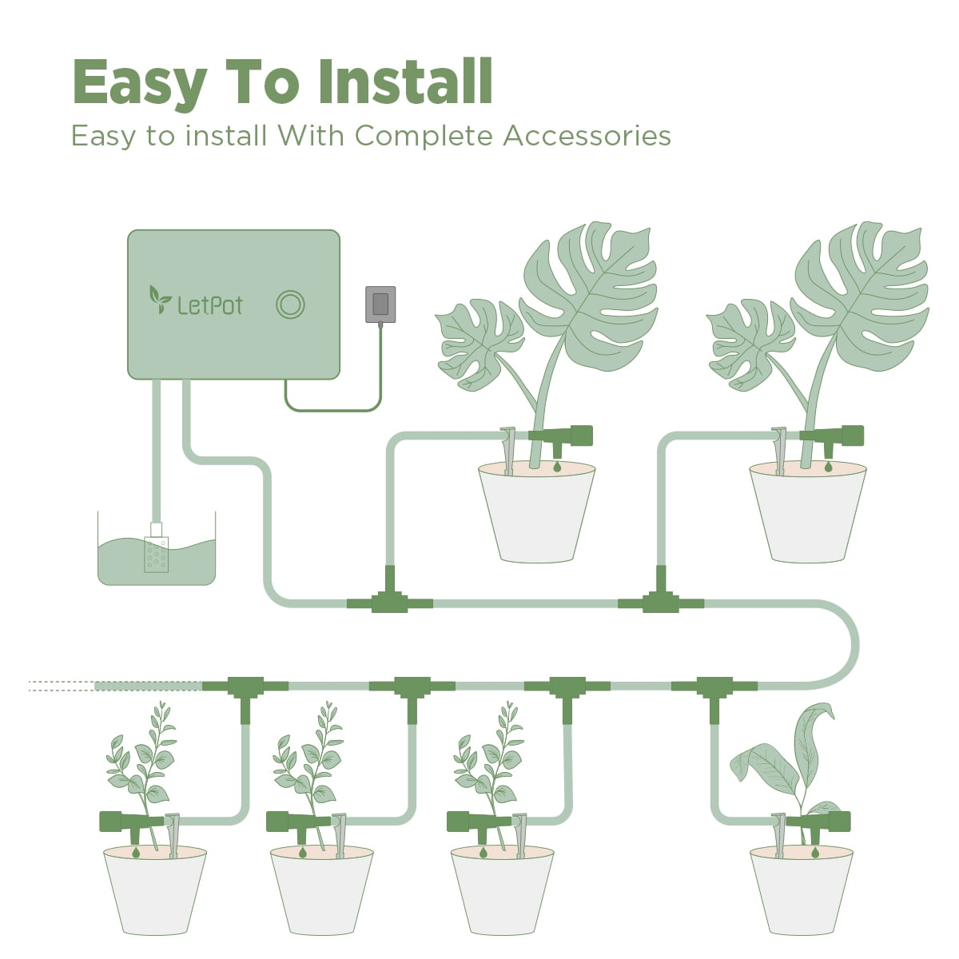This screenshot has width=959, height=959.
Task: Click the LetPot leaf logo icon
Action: click(161, 299)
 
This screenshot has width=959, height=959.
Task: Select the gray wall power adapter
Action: click(380, 304)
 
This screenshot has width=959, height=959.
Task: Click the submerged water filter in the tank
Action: click(156, 550)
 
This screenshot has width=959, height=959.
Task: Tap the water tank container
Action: click(157, 559)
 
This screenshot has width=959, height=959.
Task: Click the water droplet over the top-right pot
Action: click(828, 465)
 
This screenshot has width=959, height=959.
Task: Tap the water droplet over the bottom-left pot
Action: click(136, 854)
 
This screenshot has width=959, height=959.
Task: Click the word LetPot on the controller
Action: click(210, 304)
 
